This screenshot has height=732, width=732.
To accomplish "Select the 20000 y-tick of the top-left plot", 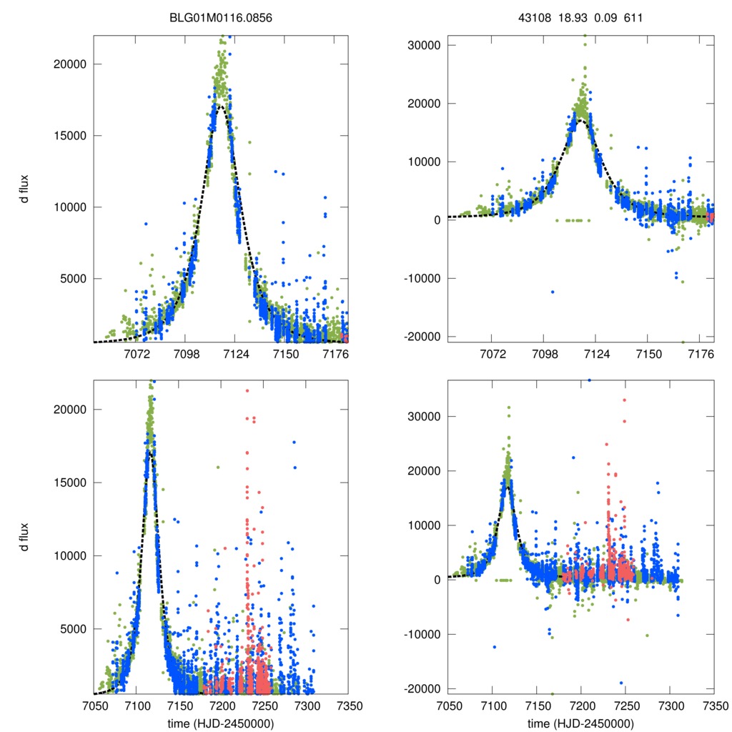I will [x=71, y=64].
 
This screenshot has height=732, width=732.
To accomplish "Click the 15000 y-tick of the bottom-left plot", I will [x=71, y=483].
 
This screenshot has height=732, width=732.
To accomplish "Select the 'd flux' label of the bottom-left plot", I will [x=25, y=538].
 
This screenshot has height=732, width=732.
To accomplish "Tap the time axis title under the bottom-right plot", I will [x=581, y=723].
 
